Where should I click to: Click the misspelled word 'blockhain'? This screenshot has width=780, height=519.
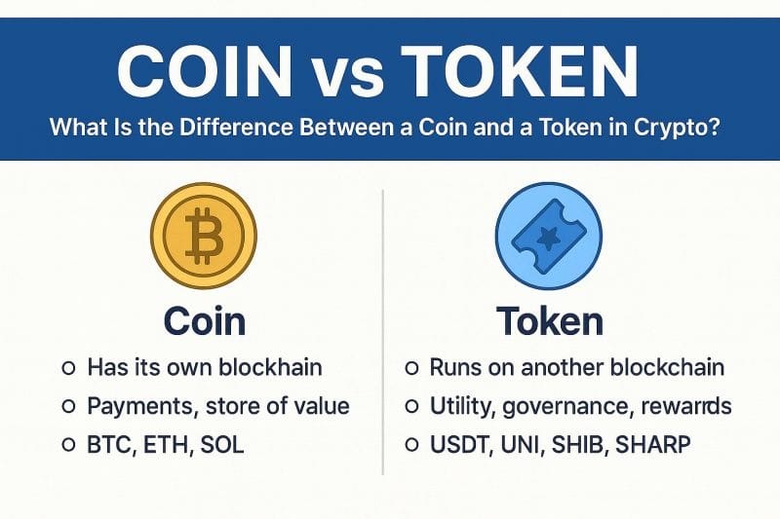(x=272, y=369)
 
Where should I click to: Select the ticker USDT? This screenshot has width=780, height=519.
(x=454, y=445)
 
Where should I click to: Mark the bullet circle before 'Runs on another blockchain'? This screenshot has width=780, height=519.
(x=410, y=369)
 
